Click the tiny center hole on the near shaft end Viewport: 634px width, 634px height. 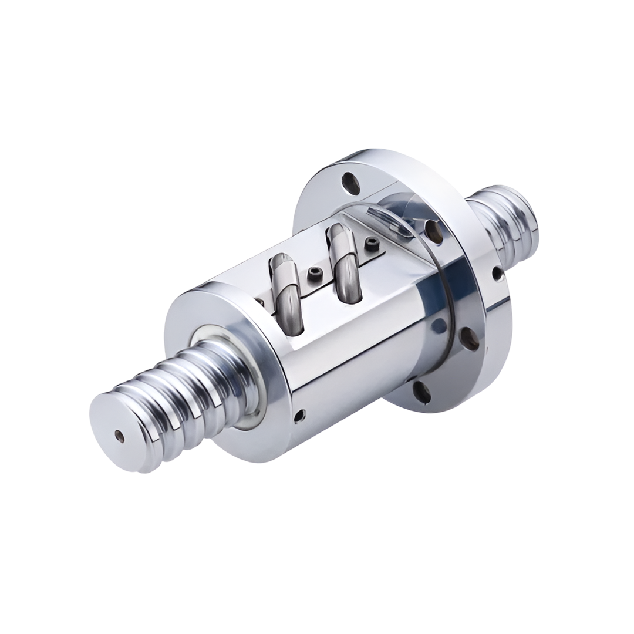(119, 436)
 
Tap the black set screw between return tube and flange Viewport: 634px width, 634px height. (371, 244)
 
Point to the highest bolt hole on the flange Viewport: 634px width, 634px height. (351, 184)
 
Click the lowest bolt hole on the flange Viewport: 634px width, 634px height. (421, 392)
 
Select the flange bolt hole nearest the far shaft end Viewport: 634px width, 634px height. (434, 231)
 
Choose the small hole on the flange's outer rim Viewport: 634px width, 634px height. (497, 272)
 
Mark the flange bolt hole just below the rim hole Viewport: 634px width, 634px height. (470, 339)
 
